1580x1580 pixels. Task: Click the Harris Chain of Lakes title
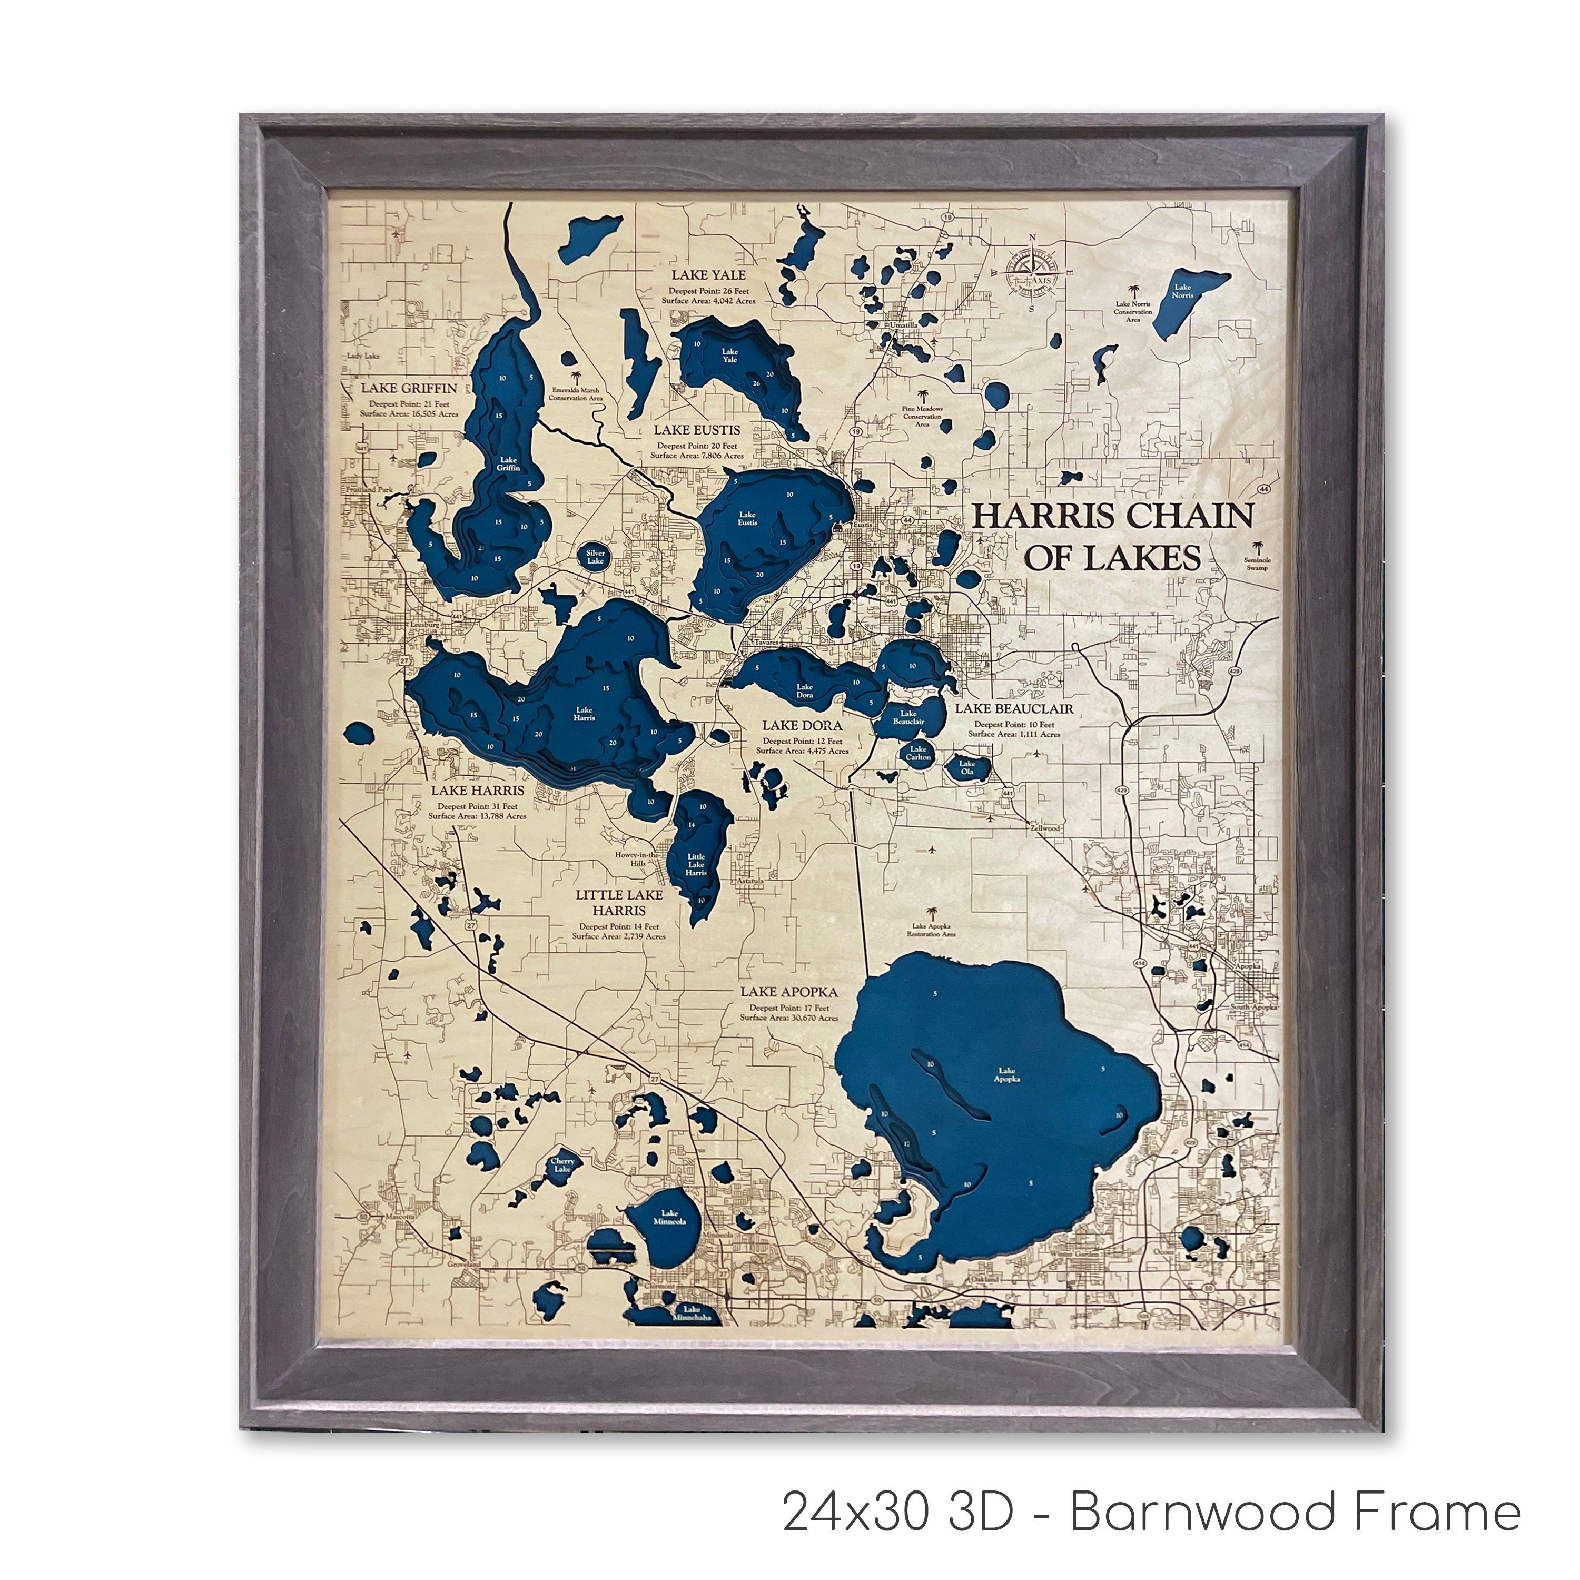pos(1112,537)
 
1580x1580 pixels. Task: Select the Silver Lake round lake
pos(595,557)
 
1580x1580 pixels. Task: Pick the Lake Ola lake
pos(969,768)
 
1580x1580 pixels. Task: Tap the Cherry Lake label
pos(562,1164)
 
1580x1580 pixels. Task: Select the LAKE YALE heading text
pos(708,275)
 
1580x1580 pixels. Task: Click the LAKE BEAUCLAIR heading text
pos(1014,708)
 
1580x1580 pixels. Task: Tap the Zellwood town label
pos(1045,827)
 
